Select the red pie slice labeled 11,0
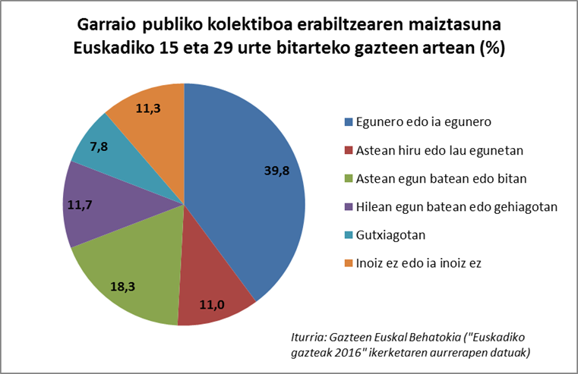[x=216, y=292]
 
